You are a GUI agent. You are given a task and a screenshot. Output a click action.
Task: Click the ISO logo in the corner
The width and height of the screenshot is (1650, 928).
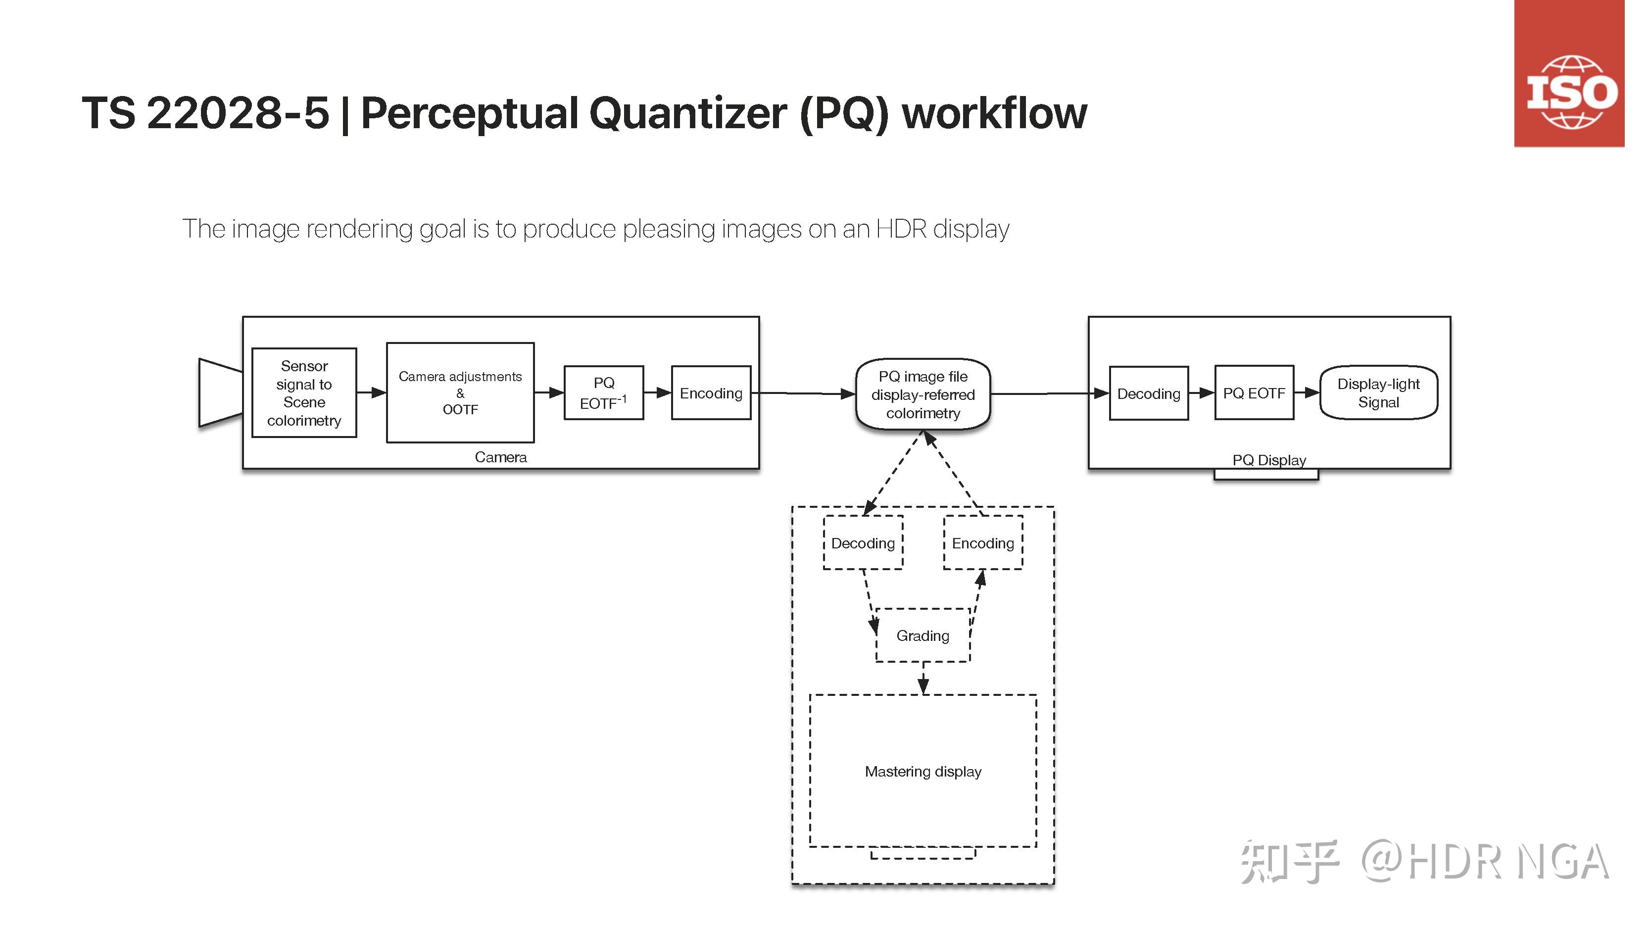coord(1569,74)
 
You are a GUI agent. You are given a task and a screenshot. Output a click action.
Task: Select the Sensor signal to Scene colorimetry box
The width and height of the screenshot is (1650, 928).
coord(304,392)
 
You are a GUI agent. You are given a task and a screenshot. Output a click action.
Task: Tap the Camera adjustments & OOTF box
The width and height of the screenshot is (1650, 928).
coord(460,392)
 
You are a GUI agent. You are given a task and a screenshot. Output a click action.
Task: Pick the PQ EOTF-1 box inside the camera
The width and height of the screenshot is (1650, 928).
coord(603,392)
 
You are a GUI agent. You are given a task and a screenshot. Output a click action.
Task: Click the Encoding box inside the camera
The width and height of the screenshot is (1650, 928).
coord(711,392)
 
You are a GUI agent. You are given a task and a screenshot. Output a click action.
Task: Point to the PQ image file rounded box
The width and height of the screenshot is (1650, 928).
coord(923,394)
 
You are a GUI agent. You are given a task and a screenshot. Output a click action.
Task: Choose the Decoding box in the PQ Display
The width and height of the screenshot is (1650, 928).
coord(1149,393)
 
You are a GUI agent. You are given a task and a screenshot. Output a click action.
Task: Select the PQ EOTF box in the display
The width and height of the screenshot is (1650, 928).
coord(1254,392)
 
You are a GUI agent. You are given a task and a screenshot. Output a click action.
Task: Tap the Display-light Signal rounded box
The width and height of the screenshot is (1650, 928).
coord(1378,392)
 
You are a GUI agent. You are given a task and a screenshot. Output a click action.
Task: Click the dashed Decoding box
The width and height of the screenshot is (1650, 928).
coord(863,542)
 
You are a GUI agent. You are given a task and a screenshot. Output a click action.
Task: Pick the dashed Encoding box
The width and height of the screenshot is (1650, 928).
coord(982,542)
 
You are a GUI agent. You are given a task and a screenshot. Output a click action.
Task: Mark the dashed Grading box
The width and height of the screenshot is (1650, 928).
coord(922,635)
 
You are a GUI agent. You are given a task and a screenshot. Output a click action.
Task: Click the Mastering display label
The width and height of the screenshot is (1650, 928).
coord(923,771)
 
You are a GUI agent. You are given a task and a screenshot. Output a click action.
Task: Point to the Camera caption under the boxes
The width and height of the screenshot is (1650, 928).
coord(500,457)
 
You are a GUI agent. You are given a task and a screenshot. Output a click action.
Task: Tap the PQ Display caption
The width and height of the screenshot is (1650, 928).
coord(1269,460)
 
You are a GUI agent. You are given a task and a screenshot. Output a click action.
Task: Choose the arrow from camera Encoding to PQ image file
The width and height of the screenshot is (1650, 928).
coord(803,393)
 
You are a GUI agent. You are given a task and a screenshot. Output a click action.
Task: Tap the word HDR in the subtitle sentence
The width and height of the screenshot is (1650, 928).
coord(901,229)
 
